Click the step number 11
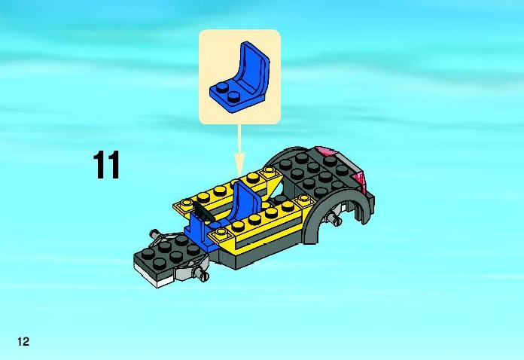tap(106, 165)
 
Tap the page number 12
tap(24, 342)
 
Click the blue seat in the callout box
tap(239, 78)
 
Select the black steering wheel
tap(202, 212)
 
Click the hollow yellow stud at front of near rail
tap(221, 232)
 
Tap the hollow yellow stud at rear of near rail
tap(303, 199)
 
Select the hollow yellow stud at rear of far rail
tap(269, 172)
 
